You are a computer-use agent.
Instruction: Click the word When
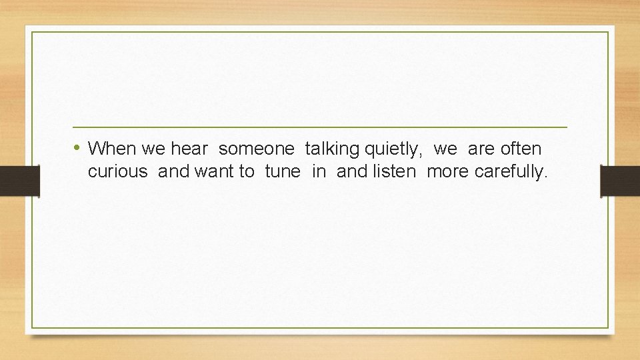point(111,148)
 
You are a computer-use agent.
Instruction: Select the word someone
point(256,148)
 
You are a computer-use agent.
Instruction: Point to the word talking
point(332,149)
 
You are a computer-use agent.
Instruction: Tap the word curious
point(117,172)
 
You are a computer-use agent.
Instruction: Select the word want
point(215,172)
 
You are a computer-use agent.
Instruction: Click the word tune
point(283,172)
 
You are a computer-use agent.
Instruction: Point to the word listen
point(394,172)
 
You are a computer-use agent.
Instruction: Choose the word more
point(448,172)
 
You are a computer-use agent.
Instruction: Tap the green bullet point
point(78,147)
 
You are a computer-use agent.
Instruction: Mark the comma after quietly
point(420,153)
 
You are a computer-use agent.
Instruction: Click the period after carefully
point(546,177)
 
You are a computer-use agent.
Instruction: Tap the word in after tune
point(319,172)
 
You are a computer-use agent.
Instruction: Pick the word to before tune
point(247,172)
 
